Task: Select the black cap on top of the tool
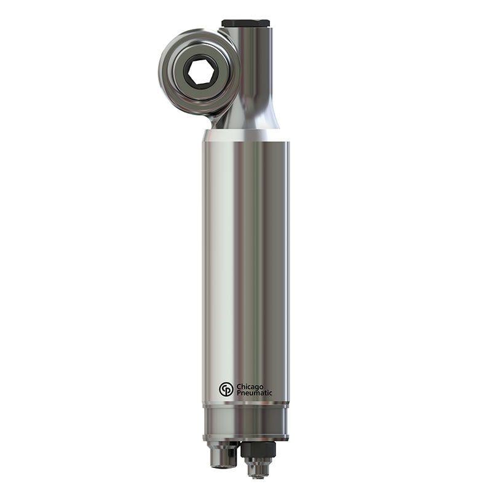coord(245,23)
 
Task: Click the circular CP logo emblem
coord(226,389)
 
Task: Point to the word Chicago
coord(250,386)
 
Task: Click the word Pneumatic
coord(254,393)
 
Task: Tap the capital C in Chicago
coord(239,386)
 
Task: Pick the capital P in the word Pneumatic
coord(239,393)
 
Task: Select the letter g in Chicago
coord(255,387)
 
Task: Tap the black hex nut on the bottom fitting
coord(258,450)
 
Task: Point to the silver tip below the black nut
coord(258,469)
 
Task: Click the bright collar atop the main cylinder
coord(245,135)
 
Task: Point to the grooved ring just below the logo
coord(245,405)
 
